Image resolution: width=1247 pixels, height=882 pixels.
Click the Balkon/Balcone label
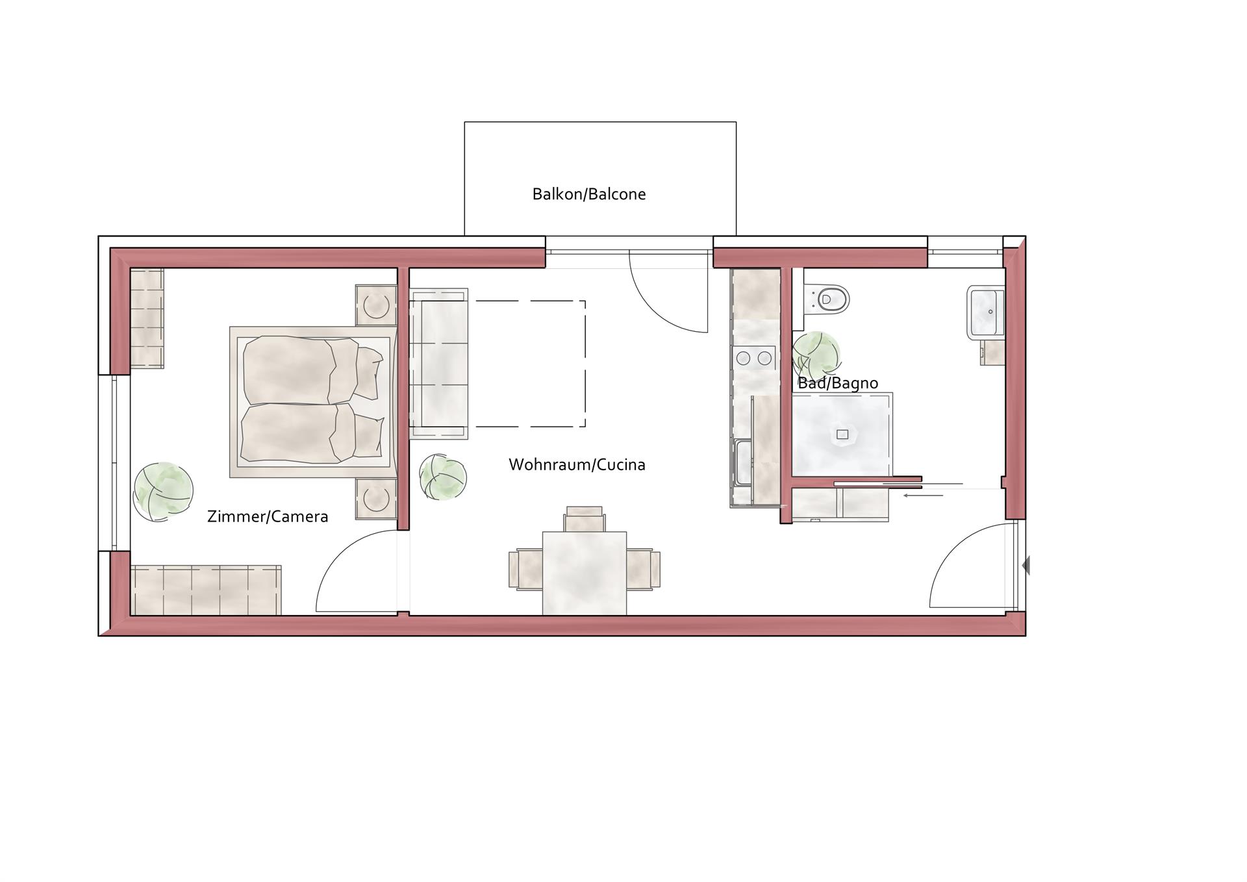click(588, 194)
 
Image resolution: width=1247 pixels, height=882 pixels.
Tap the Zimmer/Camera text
click(268, 516)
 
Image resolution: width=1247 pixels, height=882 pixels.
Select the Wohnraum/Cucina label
click(577, 464)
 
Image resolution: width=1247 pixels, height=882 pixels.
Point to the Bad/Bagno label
click(838, 383)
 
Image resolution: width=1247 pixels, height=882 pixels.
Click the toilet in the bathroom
click(826, 299)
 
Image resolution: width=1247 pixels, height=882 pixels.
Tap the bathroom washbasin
click(986, 312)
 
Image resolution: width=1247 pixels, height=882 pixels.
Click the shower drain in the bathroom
click(842, 435)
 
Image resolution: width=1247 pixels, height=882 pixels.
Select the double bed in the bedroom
click(313, 402)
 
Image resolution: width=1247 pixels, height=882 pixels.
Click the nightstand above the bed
click(376, 305)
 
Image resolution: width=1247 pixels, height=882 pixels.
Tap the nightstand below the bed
click(376, 499)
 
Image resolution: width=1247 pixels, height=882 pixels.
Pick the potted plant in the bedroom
click(163, 491)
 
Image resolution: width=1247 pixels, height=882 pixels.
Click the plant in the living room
click(443, 477)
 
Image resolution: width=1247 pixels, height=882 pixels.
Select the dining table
click(585, 573)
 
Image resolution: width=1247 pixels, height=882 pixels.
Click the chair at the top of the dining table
click(585, 519)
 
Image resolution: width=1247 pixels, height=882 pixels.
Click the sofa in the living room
click(438, 364)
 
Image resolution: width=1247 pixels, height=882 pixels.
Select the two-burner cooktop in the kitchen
click(754, 358)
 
